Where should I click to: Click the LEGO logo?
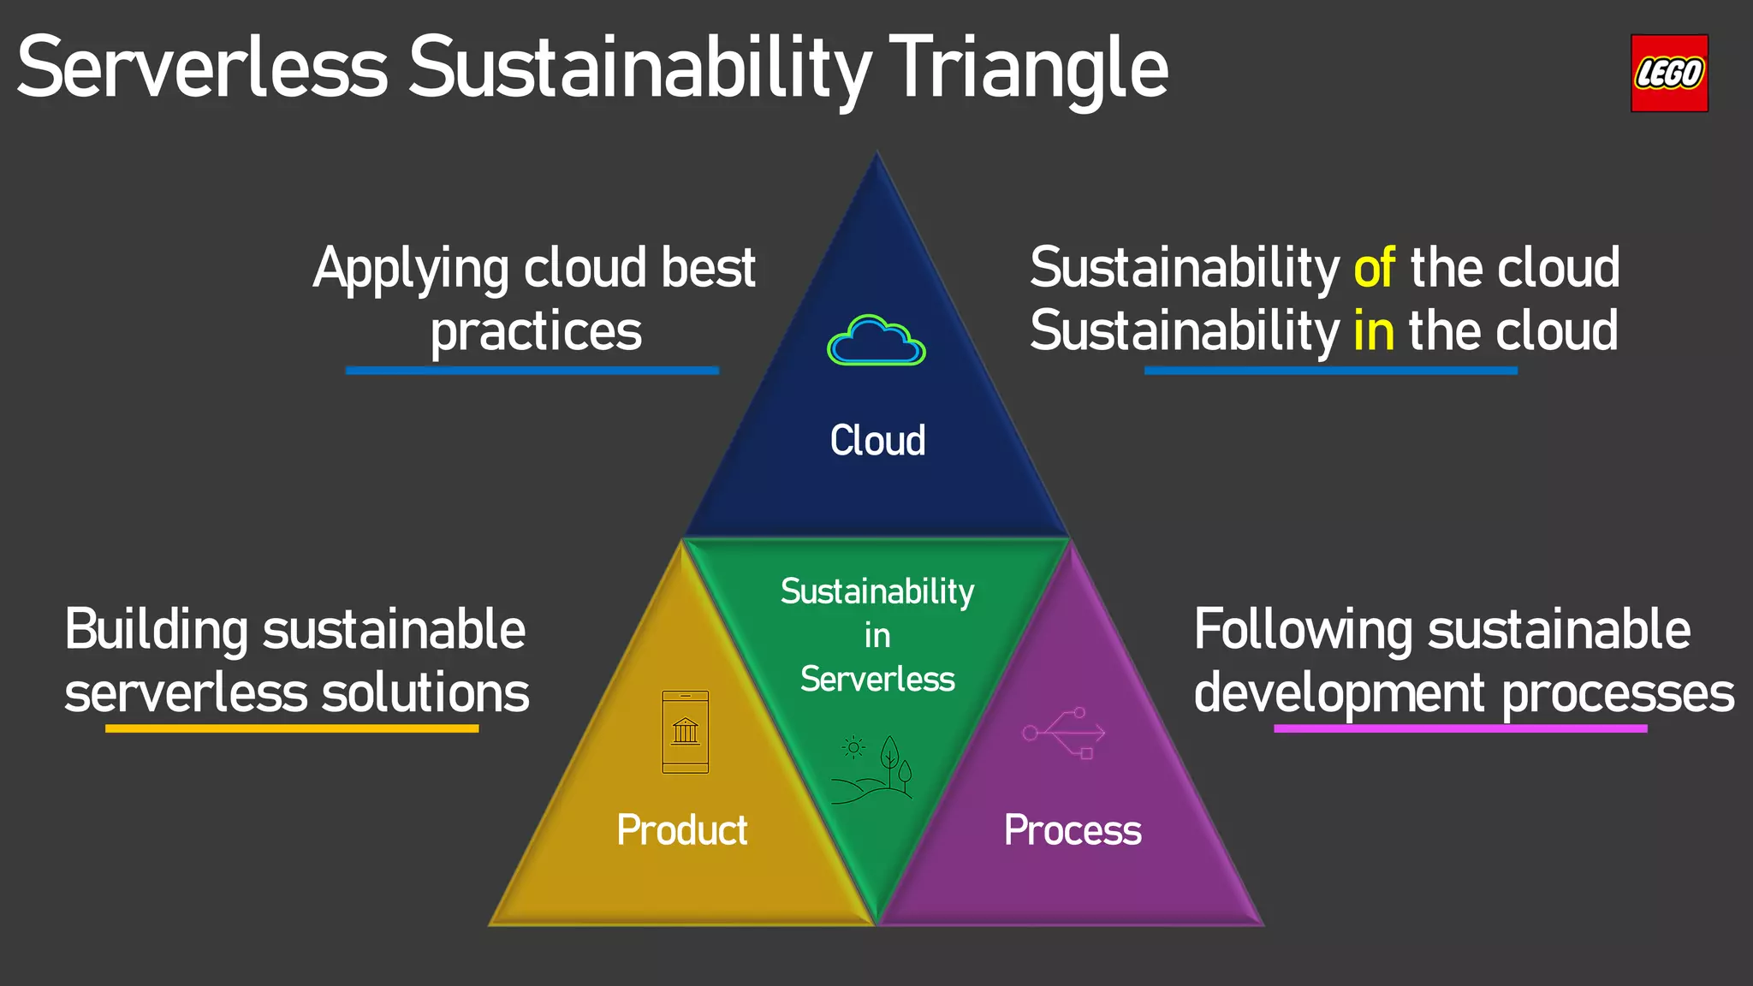(1668, 74)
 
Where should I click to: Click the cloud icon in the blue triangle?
(876, 342)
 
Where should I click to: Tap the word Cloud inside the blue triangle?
(877, 441)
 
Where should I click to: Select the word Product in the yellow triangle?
(682, 830)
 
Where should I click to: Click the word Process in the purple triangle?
(1073, 830)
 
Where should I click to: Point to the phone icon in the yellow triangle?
(685, 732)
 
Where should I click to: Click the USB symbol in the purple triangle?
(1064, 733)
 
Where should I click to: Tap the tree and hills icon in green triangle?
(873, 769)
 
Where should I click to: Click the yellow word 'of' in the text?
(1374, 268)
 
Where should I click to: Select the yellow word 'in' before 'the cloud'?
(1373, 331)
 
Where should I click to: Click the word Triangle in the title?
(1028, 68)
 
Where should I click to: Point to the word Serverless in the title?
(202, 68)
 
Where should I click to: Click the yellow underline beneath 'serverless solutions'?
(291, 728)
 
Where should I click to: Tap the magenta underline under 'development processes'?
(1459, 728)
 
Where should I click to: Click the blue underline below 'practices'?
(532, 371)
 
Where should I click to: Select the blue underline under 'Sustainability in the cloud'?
(1330, 371)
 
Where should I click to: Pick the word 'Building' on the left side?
(156, 631)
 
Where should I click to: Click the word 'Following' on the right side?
(1303, 631)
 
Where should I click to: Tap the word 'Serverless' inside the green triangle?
(877, 680)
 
